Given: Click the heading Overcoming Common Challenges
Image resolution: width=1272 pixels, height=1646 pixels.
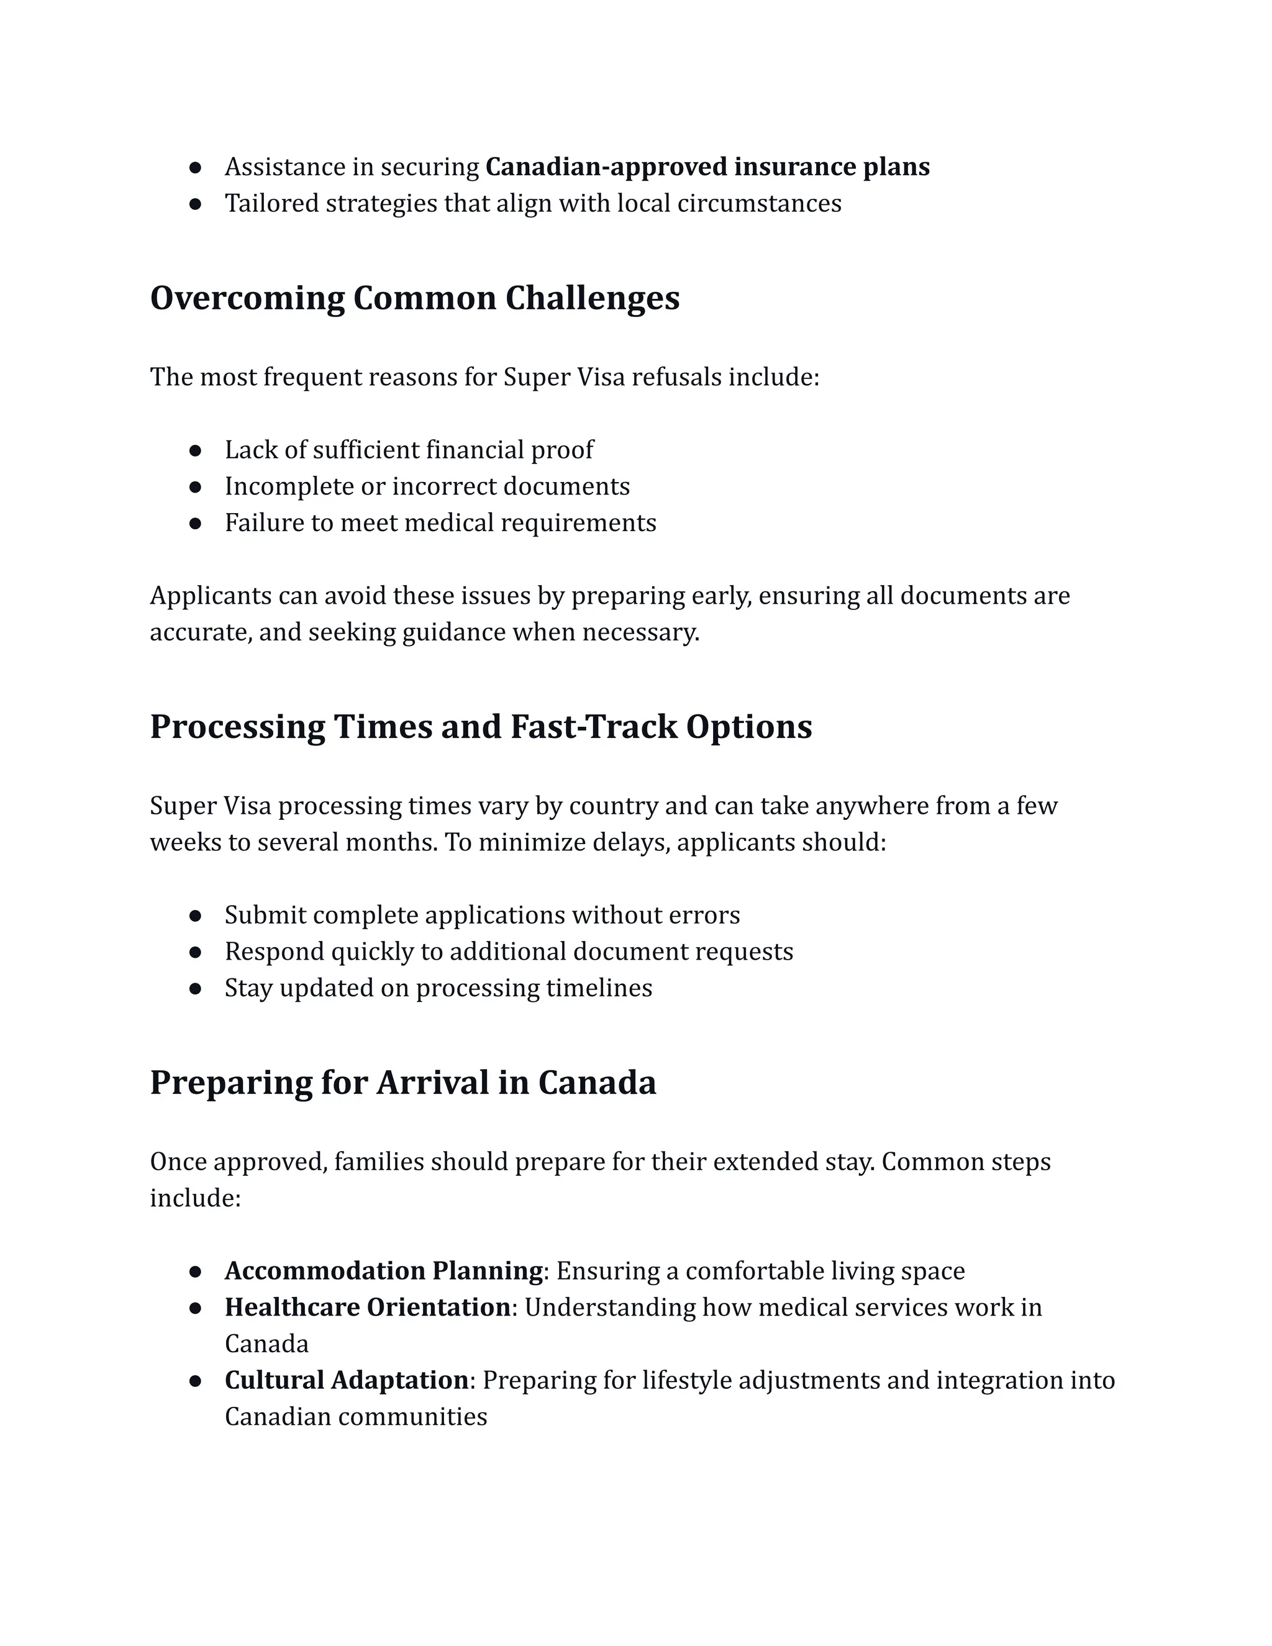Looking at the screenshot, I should (414, 298).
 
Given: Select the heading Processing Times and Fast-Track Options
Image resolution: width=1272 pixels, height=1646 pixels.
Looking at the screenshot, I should (481, 727).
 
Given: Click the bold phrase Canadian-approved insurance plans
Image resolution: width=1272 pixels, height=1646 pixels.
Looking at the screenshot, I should (707, 166).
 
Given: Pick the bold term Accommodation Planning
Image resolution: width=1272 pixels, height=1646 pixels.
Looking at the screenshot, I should (384, 1271).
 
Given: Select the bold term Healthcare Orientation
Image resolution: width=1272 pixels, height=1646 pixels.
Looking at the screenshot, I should (368, 1307).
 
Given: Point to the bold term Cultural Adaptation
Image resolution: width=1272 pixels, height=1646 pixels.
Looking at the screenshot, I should (347, 1380).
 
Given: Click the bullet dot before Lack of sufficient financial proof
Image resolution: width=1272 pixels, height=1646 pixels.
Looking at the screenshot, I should (195, 451).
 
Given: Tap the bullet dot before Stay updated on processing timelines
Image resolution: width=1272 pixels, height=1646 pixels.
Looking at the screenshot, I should (195, 989).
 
